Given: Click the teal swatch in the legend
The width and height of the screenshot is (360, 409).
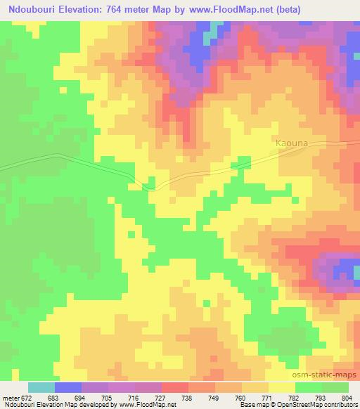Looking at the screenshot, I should click(41, 388).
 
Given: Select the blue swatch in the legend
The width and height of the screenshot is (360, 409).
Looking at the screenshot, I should click(68, 388).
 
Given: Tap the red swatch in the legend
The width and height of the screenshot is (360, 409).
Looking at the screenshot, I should click(174, 388).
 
